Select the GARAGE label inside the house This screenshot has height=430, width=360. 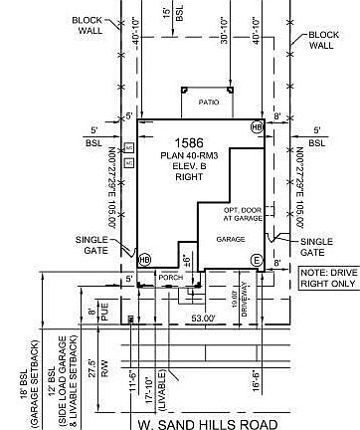click(232, 239)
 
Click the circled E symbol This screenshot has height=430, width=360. click(257, 260)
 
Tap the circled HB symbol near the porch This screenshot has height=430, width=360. click(145, 259)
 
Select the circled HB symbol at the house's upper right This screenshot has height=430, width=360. click(257, 127)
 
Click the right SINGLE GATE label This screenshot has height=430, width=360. click(316, 247)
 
